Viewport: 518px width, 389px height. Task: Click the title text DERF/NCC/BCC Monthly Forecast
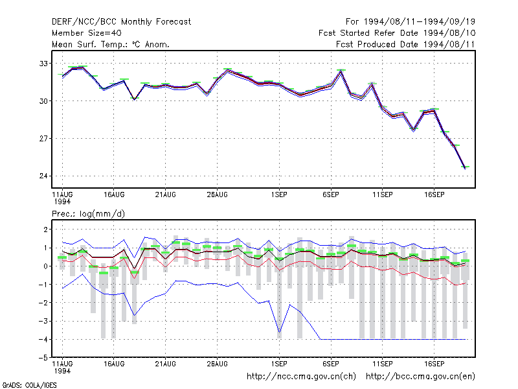click(x=121, y=22)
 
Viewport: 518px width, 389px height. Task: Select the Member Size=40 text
click(x=87, y=33)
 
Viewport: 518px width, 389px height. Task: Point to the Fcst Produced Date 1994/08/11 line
click(x=405, y=44)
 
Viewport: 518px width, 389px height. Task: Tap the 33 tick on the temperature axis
click(x=43, y=64)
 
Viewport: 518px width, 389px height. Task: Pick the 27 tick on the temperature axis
click(x=43, y=138)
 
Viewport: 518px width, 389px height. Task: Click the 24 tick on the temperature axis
click(x=43, y=176)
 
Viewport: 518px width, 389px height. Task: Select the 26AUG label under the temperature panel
click(x=218, y=195)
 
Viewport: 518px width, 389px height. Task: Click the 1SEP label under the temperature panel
click(x=279, y=195)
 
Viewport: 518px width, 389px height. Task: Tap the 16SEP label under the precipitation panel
click(x=434, y=364)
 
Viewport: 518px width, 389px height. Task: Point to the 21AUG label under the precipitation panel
click(x=166, y=364)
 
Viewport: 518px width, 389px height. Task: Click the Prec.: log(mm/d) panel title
click(x=88, y=214)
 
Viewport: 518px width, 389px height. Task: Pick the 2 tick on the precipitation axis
click(x=45, y=230)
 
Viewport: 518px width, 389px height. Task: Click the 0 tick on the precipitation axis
click(x=45, y=266)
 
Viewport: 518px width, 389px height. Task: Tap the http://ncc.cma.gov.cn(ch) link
click(x=301, y=377)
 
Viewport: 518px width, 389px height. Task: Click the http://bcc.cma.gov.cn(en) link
click(x=420, y=377)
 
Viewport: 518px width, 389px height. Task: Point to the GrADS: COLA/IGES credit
click(x=29, y=385)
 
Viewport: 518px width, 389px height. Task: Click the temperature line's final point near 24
click(x=465, y=169)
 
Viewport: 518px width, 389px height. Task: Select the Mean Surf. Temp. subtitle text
click(x=111, y=44)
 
